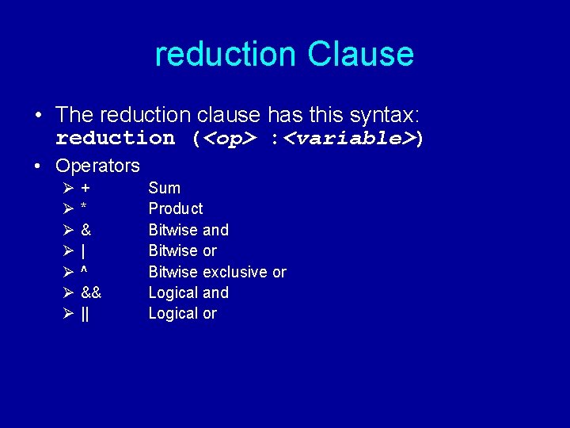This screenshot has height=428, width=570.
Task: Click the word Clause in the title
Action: (x=360, y=54)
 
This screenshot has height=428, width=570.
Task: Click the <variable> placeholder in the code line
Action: (x=349, y=139)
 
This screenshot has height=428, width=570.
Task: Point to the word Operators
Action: (x=97, y=166)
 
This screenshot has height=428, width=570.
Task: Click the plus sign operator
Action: (x=85, y=189)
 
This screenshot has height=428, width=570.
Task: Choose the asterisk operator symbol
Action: (x=84, y=208)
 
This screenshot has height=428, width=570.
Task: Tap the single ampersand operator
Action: (x=85, y=230)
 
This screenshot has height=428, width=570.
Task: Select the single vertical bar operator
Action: (x=84, y=251)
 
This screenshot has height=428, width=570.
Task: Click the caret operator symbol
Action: (x=84, y=271)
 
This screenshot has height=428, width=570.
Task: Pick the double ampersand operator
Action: (x=91, y=292)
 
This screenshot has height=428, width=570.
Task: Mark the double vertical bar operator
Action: (x=85, y=314)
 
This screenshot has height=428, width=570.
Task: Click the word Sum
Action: (x=165, y=188)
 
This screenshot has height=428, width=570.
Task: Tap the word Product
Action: (x=176, y=208)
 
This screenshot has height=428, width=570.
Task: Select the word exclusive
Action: (x=235, y=272)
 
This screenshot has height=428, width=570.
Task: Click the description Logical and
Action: (x=188, y=292)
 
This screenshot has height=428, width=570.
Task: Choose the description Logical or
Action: (x=183, y=313)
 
